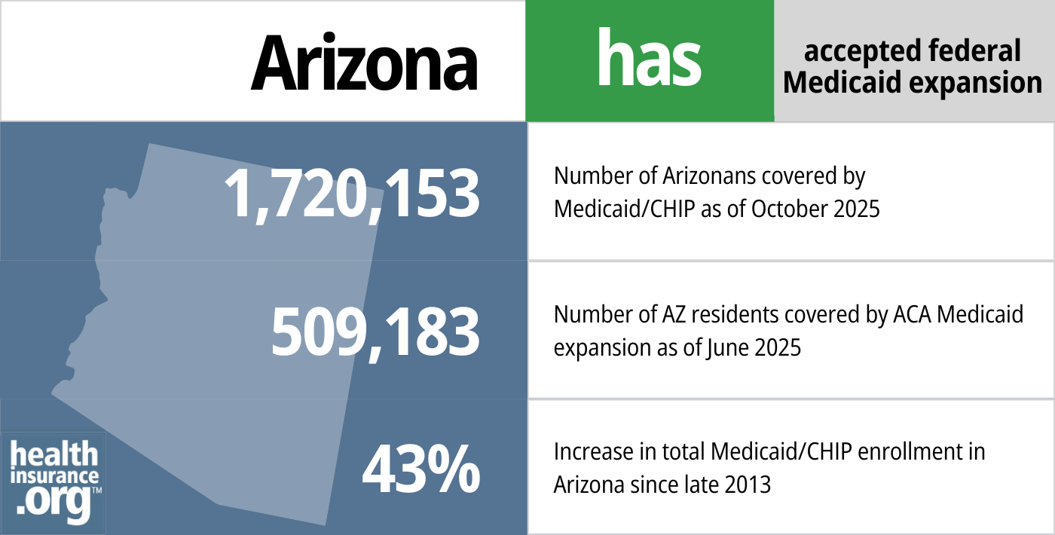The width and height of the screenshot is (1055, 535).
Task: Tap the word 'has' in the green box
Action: click(649, 60)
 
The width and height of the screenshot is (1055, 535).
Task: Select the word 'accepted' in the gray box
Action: click(852, 51)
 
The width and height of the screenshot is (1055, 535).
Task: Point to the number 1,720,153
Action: click(353, 194)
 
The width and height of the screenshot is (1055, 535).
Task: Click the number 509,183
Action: click(375, 332)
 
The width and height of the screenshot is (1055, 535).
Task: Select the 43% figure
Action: click(420, 470)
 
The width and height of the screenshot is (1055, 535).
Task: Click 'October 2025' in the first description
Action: click(815, 209)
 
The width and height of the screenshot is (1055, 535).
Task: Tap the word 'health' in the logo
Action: click(54, 455)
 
